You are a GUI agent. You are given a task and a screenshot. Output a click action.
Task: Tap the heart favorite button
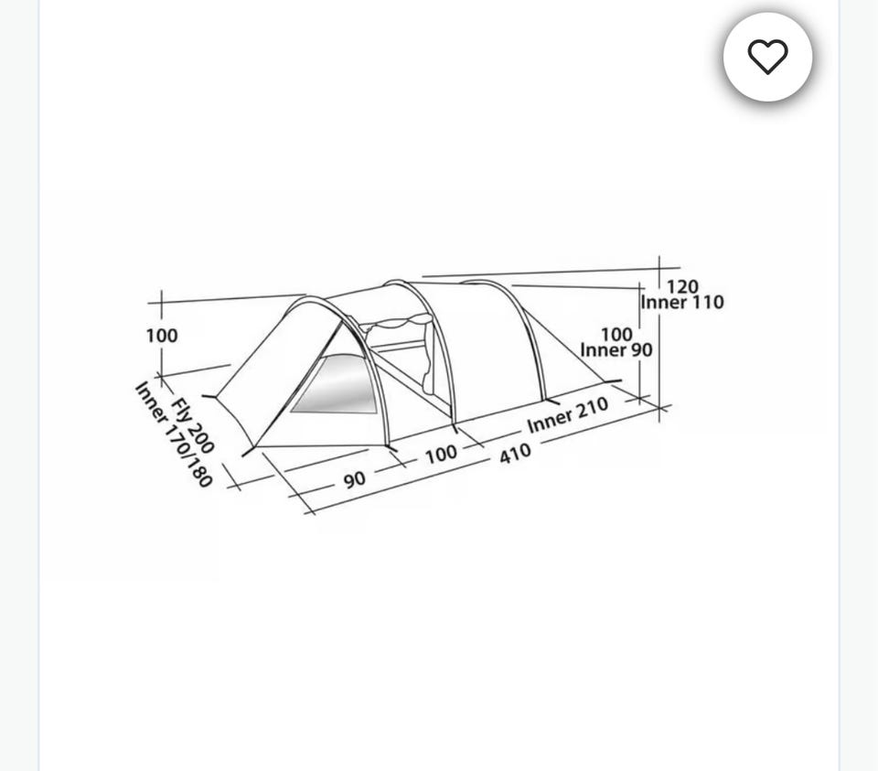click(x=767, y=57)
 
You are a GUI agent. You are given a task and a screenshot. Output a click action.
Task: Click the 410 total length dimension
click(x=515, y=453)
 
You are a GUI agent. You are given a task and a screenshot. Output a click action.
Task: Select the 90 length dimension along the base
click(x=355, y=479)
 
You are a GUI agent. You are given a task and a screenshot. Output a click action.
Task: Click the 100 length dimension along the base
click(x=441, y=454)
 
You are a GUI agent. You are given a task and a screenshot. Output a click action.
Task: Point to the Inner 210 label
click(x=568, y=415)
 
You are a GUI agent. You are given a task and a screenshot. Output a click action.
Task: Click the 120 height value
click(x=682, y=286)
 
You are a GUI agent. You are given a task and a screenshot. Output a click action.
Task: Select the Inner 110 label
click(x=682, y=303)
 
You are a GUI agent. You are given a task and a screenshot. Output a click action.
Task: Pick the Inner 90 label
click(x=616, y=350)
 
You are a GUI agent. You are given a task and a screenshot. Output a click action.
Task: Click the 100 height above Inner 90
click(x=616, y=334)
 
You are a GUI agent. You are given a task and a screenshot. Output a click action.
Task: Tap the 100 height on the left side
click(x=162, y=336)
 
